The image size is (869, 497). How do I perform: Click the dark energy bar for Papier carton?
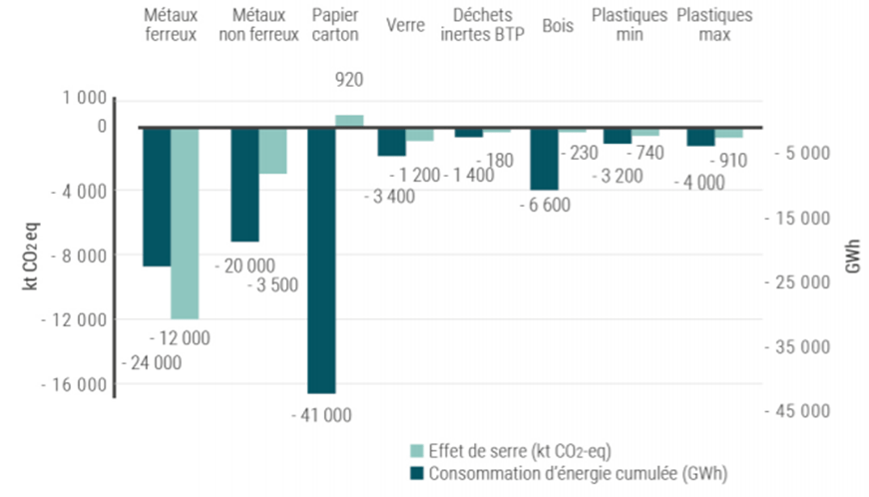(321, 259)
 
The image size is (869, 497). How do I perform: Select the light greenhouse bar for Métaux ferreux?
(185, 222)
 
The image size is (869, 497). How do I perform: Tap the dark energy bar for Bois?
(544, 158)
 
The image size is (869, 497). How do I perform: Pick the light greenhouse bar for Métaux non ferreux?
(273, 150)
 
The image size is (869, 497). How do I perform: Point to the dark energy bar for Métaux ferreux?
(157, 196)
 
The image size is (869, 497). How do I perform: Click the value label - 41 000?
(321, 414)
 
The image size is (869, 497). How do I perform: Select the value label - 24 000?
(152, 363)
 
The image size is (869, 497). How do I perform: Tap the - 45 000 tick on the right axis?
(799, 411)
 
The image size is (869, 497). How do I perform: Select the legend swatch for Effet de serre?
(416, 448)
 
